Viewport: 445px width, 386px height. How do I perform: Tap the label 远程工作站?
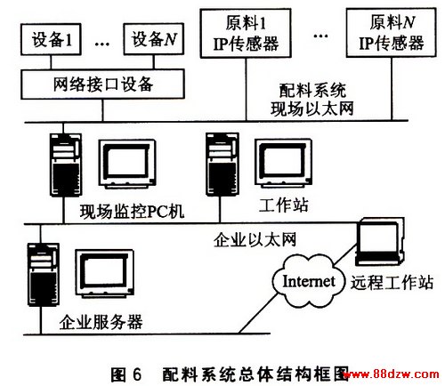[x=392, y=282]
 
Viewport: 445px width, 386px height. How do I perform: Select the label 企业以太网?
[x=255, y=239]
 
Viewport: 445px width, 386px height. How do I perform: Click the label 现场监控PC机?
[x=132, y=212]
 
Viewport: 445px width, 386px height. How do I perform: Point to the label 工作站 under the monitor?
[x=284, y=205]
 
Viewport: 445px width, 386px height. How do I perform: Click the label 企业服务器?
[x=101, y=322]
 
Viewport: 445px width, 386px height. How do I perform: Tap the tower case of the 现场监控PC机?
[x=66, y=165]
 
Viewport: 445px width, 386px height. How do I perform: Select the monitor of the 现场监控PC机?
[x=127, y=165]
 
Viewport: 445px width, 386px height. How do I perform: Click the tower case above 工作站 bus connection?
[x=222, y=164]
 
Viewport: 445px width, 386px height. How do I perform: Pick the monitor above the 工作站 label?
[x=284, y=164]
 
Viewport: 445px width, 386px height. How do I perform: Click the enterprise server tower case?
[x=44, y=274]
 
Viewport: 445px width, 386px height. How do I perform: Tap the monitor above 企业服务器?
[x=104, y=274]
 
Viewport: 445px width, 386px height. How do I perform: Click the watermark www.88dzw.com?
[x=391, y=374]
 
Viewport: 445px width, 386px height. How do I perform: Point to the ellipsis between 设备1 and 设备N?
[x=102, y=44]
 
